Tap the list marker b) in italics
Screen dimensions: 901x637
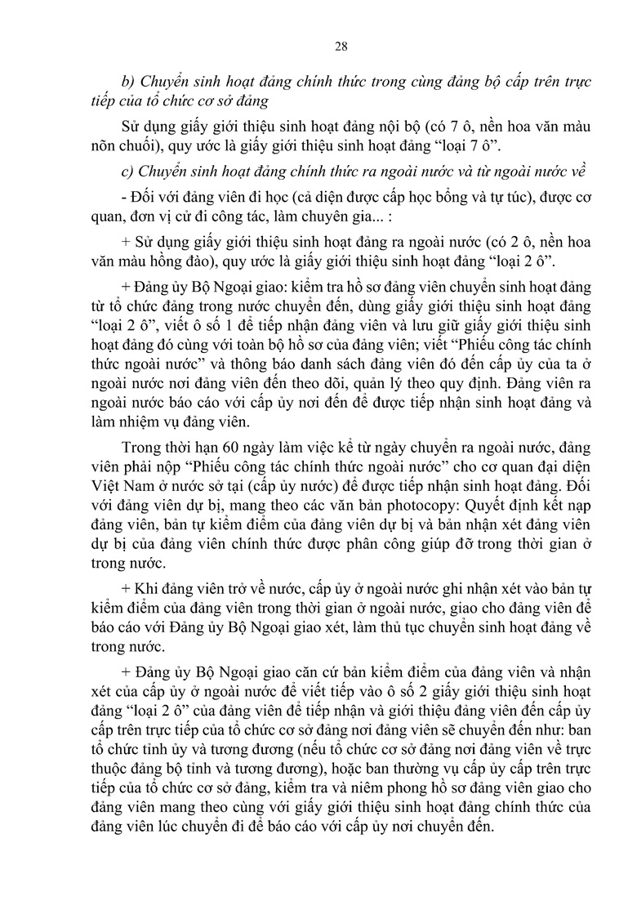tap(127, 83)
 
